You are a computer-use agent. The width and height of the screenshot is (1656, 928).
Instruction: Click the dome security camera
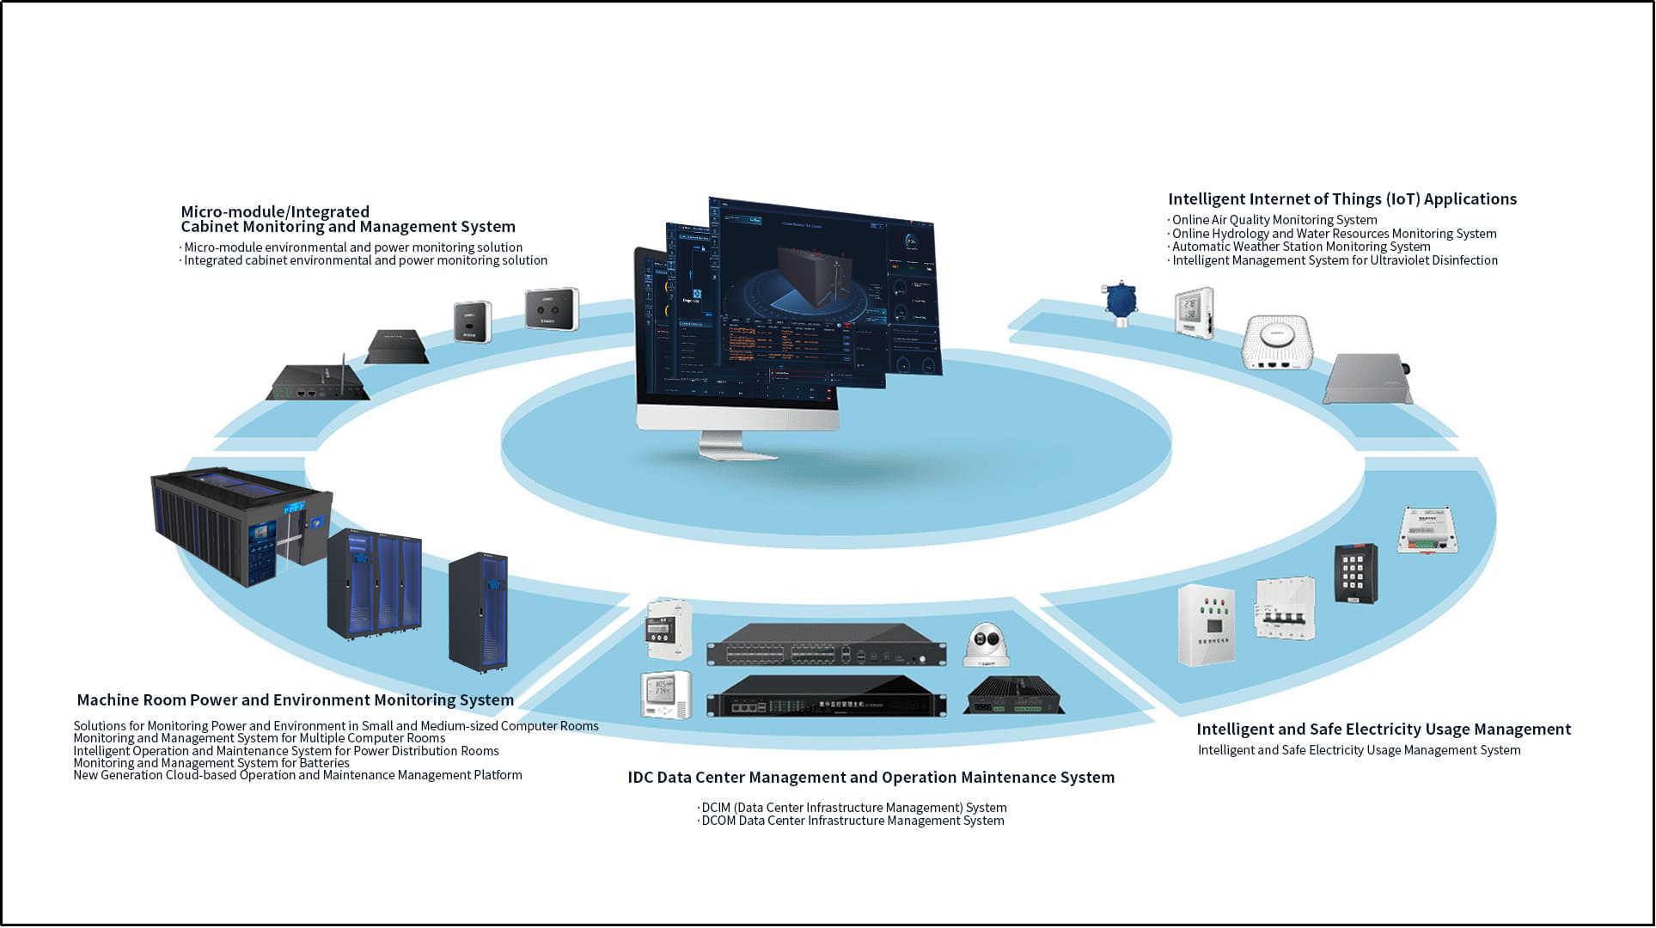click(x=986, y=645)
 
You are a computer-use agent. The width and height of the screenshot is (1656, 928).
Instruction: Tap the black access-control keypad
click(x=1355, y=573)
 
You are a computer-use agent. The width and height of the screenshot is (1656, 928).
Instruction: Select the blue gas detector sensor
click(x=1121, y=302)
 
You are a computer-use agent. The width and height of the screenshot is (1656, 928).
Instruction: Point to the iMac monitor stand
click(x=727, y=444)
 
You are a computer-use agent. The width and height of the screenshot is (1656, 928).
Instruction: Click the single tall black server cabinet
click(x=479, y=611)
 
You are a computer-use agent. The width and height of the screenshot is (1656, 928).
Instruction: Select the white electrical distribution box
click(x=1207, y=625)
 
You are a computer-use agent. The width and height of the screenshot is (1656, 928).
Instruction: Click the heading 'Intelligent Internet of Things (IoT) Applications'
click(x=1341, y=199)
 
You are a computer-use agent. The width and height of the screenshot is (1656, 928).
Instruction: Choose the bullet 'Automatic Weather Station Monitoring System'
click(x=1301, y=247)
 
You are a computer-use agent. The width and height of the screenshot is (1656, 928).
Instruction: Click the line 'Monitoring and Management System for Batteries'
click(x=211, y=763)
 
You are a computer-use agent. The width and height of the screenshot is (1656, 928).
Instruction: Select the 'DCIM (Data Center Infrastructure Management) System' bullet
click(x=853, y=808)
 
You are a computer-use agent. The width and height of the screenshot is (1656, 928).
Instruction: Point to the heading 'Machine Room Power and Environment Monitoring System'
click(x=295, y=700)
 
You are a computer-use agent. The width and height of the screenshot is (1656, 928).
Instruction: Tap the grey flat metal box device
click(x=1367, y=380)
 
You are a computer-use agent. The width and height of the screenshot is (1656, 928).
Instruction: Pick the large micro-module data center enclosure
click(x=240, y=527)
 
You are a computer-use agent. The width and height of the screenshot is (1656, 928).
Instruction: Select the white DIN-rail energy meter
click(x=668, y=629)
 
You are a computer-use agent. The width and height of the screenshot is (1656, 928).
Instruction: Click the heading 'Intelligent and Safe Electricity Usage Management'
click(x=1383, y=730)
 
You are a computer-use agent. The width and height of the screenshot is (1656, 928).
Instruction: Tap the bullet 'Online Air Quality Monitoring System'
click(x=1274, y=220)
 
